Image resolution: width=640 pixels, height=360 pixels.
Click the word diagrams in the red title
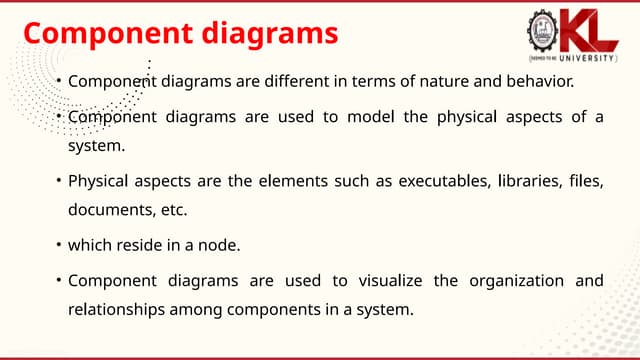click(x=269, y=33)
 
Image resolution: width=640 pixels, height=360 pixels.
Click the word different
click(x=311, y=81)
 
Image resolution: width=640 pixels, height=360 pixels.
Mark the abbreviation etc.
click(x=173, y=211)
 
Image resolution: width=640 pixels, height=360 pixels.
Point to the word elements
click(x=283, y=181)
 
